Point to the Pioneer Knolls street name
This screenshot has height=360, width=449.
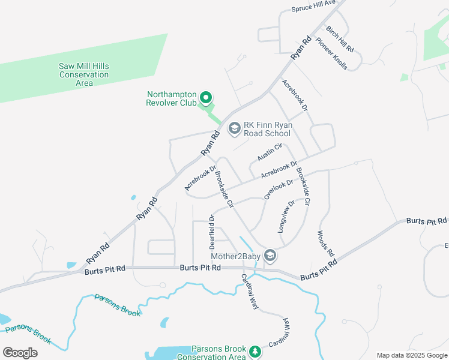click(x=331, y=55)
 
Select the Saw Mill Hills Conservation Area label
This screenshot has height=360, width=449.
click(x=84, y=74)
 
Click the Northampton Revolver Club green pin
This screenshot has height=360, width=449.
click(x=205, y=97)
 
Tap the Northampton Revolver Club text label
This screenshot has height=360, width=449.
click(x=171, y=98)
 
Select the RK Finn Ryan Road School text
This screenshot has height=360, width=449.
click(x=268, y=129)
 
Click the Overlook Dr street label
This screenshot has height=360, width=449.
click(x=279, y=189)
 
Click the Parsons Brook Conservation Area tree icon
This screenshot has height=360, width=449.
click(x=255, y=350)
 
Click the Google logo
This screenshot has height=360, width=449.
click(x=20, y=352)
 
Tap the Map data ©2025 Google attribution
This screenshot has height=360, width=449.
click(x=411, y=355)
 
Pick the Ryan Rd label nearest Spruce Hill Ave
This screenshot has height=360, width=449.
click(x=301, y=47)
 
